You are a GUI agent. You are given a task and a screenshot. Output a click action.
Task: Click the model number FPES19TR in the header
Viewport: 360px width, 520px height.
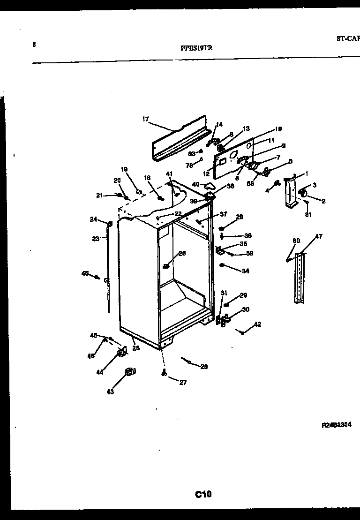tap(198, 47)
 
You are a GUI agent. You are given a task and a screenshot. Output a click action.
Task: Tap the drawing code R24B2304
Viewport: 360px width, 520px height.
tap(336, 425)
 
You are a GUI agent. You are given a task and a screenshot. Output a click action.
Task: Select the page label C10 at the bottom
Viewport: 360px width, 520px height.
tap(203, 493)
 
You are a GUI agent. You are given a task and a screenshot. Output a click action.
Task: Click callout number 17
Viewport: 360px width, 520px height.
tap(145, 119)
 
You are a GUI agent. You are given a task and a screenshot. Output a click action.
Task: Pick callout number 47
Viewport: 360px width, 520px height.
tap(319, 236)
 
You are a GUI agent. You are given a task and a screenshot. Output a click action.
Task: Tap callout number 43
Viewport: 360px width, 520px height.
tap(110, 392)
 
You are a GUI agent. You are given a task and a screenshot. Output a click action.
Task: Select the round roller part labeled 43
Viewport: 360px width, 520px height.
tap(129, 372)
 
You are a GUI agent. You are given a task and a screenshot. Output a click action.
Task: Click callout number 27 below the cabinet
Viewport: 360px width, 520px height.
tap(183, 383)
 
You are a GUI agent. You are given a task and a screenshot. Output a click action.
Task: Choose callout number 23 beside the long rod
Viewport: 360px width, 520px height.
tap(96, 239)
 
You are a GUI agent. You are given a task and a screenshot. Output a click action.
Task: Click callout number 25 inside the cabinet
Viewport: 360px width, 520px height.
tap(182, 254)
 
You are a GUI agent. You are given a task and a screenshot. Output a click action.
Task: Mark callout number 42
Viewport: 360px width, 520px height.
tap(258, 324)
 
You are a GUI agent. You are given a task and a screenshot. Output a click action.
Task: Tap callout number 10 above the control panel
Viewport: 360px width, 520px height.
tap(278, 129)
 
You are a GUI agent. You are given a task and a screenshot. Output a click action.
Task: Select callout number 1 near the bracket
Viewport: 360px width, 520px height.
tap(306, 173)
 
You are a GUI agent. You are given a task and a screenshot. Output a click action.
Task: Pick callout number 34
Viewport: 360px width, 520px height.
tap(246, 271)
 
